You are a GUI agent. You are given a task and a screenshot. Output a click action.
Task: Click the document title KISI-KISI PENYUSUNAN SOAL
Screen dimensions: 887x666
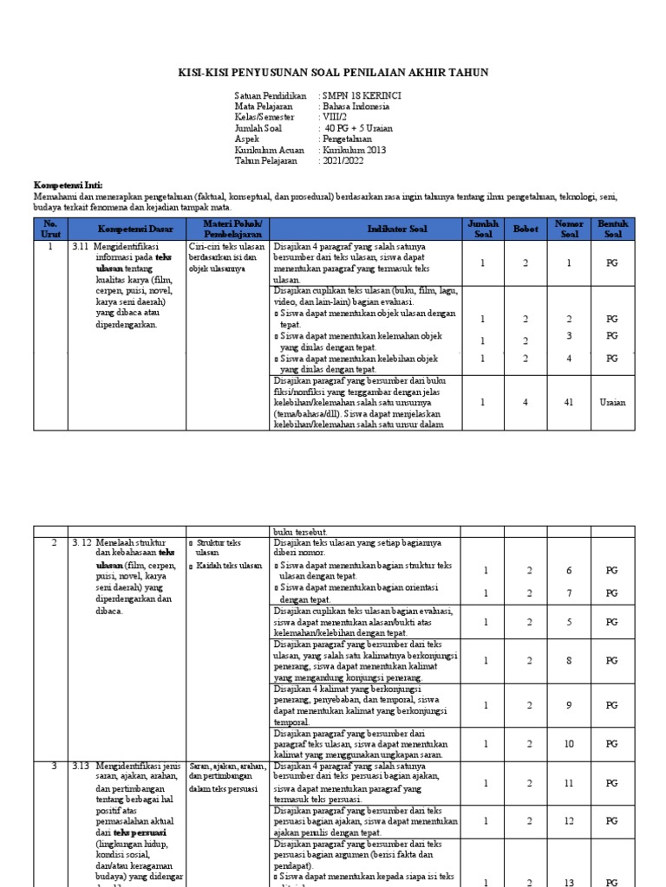click(x=334, y=73)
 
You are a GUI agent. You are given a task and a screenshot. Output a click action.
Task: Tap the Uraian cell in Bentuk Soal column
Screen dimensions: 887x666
click(x=611, y=402)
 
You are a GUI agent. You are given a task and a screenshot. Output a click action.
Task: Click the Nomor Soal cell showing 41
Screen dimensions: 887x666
click(x=569, y=402)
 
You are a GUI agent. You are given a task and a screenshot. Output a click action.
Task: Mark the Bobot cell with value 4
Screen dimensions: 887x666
click(x=525, y=402)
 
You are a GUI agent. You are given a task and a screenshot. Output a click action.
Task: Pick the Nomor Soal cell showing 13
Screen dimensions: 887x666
click(x=569, y=883)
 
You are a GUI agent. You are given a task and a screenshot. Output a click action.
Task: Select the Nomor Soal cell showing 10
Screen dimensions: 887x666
click(x=569, y=743)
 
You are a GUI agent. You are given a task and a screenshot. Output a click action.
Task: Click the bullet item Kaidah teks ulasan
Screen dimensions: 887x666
click(x=229, y=566)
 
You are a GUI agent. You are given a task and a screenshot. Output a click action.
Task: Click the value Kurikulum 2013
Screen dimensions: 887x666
click(x=354, y=150)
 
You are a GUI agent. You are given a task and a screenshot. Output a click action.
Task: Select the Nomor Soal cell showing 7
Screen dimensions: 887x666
click(x=569, y=593)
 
